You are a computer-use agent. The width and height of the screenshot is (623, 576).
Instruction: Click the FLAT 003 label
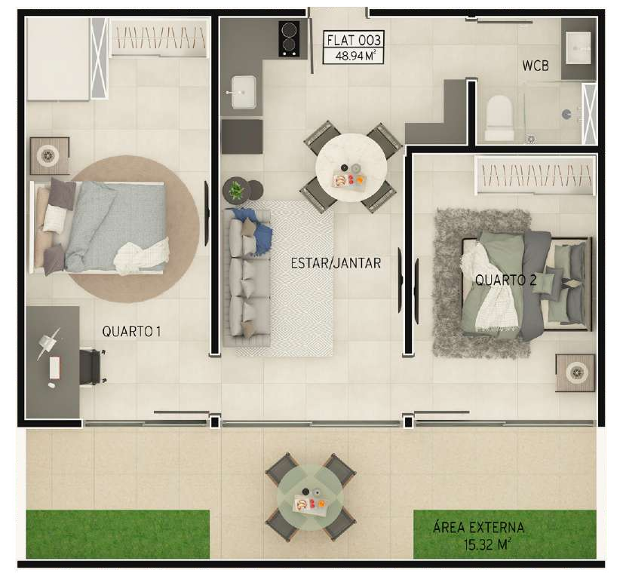click(x=354, y=40)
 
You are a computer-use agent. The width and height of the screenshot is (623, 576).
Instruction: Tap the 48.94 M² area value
click(x=354, y=55)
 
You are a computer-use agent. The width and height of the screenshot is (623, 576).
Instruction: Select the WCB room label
click(x=536, y=66)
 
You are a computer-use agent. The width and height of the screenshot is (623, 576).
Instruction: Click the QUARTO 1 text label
click(x=132, y=331)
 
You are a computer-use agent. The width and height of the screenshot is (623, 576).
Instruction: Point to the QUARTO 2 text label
click(x=505, y=280)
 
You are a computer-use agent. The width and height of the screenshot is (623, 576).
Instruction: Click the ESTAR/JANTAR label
click(x=336, y=263)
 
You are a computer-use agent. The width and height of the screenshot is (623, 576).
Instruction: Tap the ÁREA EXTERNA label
click(x=478, y=528)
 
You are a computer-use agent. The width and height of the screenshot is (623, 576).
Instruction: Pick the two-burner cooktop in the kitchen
click(x=288, y=38)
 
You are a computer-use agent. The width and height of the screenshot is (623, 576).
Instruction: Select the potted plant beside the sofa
click(x=237, y=191)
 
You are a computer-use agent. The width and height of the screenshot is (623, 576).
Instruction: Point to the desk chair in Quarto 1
click(x=92, y=367)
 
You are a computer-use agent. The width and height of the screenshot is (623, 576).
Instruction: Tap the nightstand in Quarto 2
click(x=575, y=372)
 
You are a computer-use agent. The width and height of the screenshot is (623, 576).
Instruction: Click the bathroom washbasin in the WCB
click(x=578, y=48)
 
